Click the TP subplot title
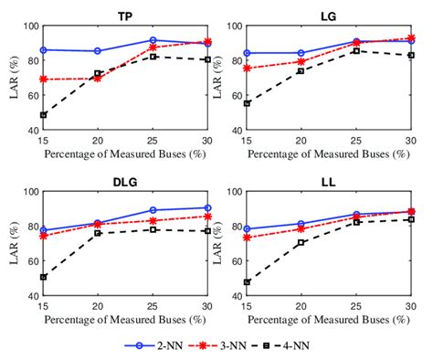click(x=128, y=16)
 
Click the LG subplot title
click(x=328, y=16)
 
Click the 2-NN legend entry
click(x=150, y=346)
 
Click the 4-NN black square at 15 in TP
click(x=44, y=115)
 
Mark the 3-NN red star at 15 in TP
click(x=44, y=79)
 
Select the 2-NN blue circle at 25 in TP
click(x=153, y=40)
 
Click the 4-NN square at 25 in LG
click(x=355, y=51)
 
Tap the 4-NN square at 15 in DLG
click(x=44, y=277)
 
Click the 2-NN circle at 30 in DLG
click(x=209, y=207)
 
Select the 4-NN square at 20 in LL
click(x=301, y=242)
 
